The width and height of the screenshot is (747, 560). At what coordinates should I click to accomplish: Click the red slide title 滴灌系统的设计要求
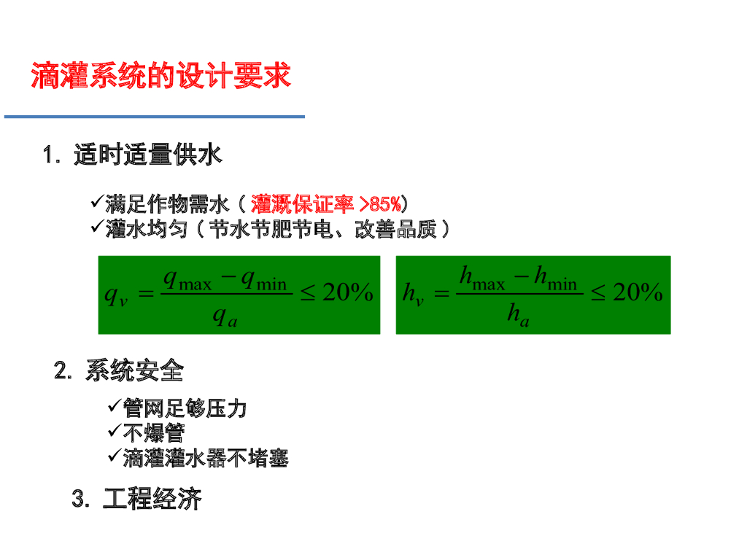160,76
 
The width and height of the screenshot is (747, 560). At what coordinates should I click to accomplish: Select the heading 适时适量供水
147,155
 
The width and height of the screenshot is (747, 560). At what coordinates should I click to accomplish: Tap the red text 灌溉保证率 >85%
325,203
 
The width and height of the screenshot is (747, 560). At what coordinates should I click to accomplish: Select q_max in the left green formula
187,279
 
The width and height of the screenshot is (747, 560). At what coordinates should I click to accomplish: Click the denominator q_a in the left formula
225,317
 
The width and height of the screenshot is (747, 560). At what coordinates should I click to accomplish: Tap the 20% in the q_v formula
347,293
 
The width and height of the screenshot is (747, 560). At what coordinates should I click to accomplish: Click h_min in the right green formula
555,279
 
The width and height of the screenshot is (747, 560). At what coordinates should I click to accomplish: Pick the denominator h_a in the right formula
518,317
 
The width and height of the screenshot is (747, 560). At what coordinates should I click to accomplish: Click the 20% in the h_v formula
637,293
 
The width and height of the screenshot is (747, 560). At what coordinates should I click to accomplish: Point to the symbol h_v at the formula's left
413,295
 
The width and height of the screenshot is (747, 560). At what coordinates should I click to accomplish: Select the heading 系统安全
134,371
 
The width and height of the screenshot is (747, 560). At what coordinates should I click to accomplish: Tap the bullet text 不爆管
153,433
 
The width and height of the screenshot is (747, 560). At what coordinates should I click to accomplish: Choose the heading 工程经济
152,499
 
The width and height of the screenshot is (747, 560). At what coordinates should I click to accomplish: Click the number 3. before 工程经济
81,500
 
